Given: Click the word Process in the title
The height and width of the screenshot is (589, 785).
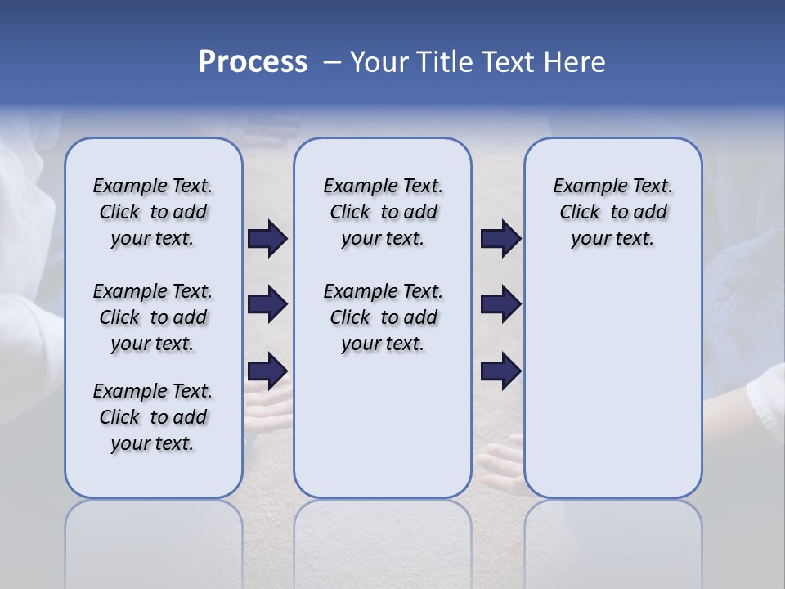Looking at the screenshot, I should (x=253, y=62).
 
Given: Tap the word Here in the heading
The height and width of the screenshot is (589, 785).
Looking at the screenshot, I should (x=573, y=62).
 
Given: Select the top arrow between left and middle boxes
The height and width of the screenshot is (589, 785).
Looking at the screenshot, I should (x=267, y=238).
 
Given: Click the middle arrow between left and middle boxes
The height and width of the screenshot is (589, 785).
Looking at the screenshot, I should (x=267, y=304).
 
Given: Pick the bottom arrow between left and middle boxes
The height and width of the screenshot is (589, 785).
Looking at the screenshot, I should (x=267, y=371).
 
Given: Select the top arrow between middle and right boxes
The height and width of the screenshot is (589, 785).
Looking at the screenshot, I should (x=500, y=238).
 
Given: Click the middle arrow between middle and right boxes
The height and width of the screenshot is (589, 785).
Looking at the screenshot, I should (x=500, y=304).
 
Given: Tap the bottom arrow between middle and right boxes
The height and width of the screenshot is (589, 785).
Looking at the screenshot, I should (x=500, y=371).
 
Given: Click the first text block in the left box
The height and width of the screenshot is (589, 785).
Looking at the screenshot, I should (x=153, y=212).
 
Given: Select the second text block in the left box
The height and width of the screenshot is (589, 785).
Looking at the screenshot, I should (x=153, y=317).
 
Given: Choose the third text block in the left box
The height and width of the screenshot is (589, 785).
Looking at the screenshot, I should (x=153, y=417).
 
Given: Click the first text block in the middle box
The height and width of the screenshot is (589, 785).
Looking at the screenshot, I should (x=383, y=212).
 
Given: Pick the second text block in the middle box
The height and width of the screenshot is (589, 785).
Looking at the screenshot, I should (x=383, y=317).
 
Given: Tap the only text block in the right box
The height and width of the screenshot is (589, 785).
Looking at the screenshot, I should (x=612, y=212).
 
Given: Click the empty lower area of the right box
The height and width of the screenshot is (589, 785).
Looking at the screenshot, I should (x=612, y=384).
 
